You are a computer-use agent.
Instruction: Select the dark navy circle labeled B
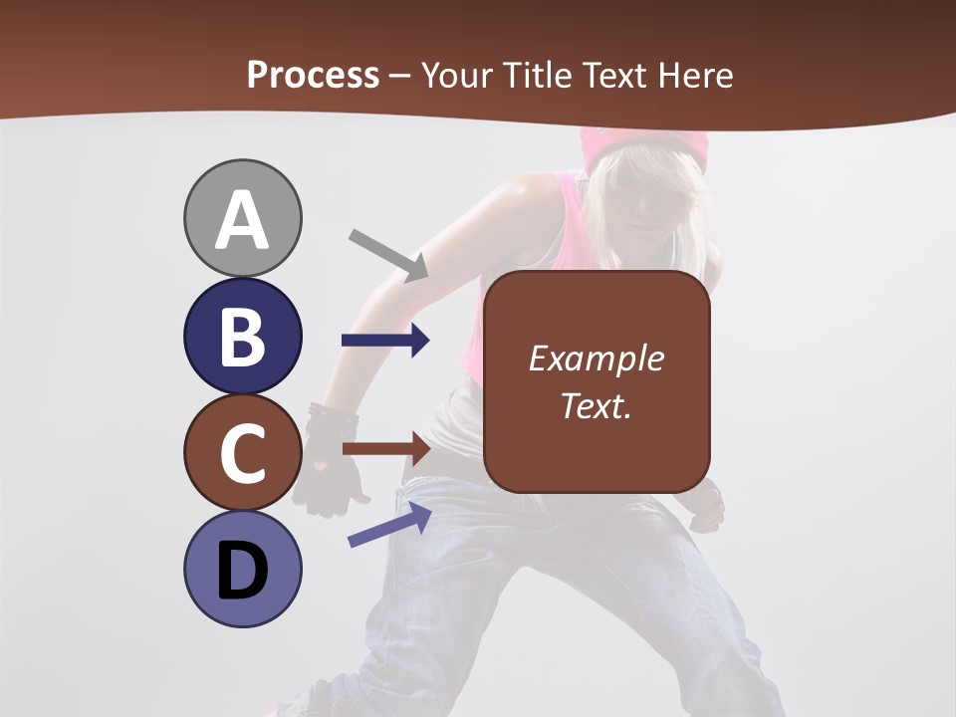242,336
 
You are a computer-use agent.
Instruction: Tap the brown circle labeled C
242,453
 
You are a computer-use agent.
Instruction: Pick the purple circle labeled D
242,570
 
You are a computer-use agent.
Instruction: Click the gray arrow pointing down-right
388,255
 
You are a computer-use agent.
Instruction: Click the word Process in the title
313,75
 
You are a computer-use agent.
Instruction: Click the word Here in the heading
696,75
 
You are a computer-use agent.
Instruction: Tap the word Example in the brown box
596,358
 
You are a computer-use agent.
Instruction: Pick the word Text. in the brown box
596,406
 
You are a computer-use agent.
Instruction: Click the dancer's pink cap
645,145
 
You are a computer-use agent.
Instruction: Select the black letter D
242,572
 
